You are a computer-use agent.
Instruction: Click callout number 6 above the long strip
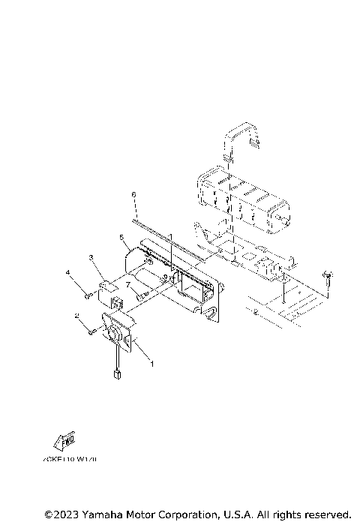(x=133, y=195)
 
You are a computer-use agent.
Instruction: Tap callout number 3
(x=91, y=257)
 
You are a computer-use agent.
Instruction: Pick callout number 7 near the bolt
(x=127, y=285)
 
